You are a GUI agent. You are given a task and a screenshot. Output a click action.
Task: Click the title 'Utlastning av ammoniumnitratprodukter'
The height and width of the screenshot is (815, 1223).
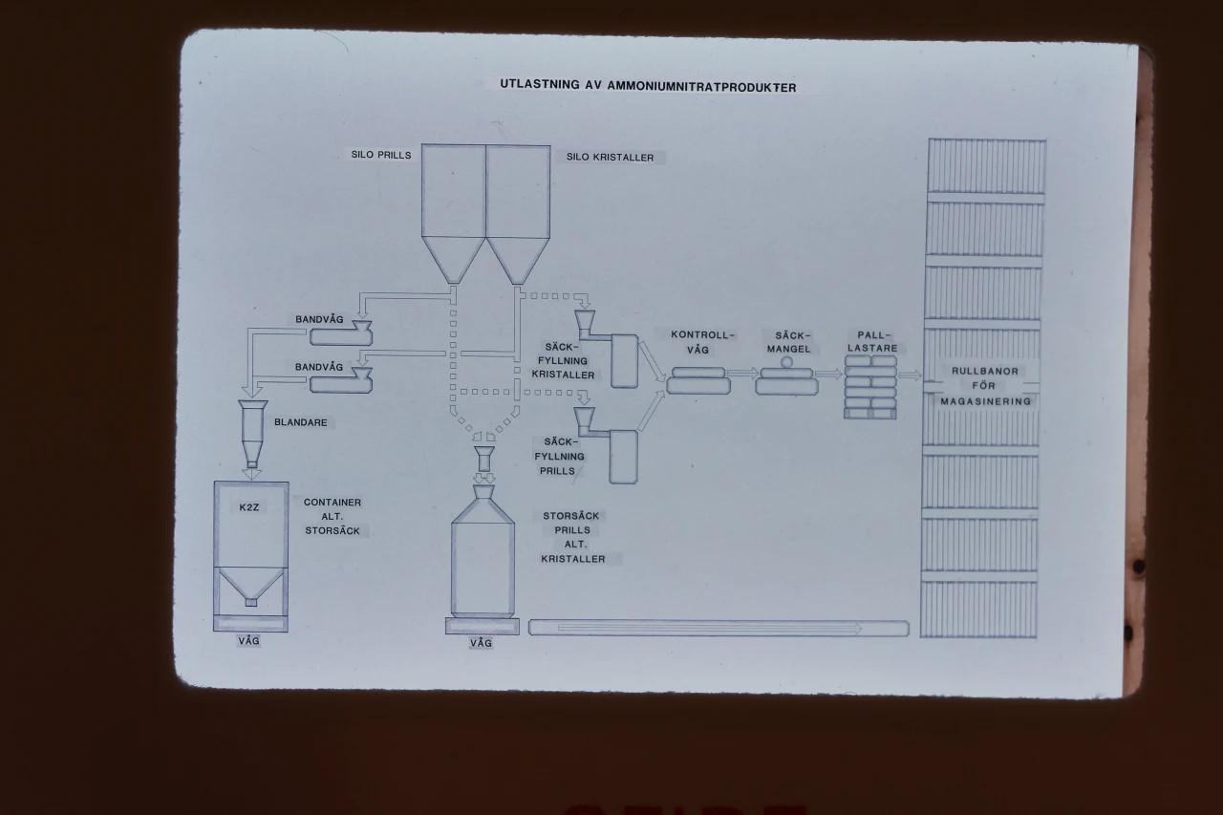coord(647,86)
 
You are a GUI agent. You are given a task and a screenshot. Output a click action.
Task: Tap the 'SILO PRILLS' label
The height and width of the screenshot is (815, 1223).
coord(380,154)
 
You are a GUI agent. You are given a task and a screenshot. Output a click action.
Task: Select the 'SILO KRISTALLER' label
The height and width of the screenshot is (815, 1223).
coord(610,158)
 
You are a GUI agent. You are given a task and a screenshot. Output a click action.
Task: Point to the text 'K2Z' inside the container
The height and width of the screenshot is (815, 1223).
coord(249,507)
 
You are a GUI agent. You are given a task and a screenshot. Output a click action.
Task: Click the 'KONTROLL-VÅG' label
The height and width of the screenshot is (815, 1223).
coord(702,342)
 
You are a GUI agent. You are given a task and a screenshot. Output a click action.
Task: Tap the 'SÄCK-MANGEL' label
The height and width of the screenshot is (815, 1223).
coord(787,342)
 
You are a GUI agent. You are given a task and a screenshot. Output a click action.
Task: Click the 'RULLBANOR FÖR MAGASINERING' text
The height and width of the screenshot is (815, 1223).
coord(985,386)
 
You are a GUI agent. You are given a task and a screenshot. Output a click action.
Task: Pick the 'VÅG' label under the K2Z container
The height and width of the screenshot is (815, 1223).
coord(248,641)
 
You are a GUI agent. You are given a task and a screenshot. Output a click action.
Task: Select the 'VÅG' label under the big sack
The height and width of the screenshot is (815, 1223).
coord(481,643)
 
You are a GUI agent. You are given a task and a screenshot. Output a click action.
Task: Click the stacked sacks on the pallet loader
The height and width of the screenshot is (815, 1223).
coord(870,386)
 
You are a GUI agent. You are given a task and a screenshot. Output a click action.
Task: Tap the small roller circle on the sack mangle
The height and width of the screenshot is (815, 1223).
coord(787,362)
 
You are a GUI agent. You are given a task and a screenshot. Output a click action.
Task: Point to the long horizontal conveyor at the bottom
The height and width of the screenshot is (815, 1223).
coord(718,628)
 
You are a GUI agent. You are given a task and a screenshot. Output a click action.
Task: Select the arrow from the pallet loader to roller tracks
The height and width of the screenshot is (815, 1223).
coord(910,375)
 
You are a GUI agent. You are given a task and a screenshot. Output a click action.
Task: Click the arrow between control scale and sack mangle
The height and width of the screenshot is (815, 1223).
coord(741,374)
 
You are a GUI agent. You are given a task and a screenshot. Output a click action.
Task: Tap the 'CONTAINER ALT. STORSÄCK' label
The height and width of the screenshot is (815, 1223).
coord(333,516)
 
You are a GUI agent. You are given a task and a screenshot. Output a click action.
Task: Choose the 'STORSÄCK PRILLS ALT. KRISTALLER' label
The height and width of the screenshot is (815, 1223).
coord(572,537)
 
